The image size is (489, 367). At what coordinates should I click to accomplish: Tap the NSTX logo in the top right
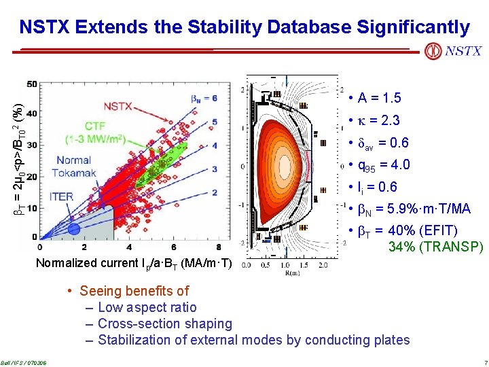[x=453, y=51]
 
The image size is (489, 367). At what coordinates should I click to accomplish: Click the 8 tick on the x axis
[x=218, y=247]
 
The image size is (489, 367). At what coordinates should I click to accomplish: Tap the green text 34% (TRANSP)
[x=435, y=246]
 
